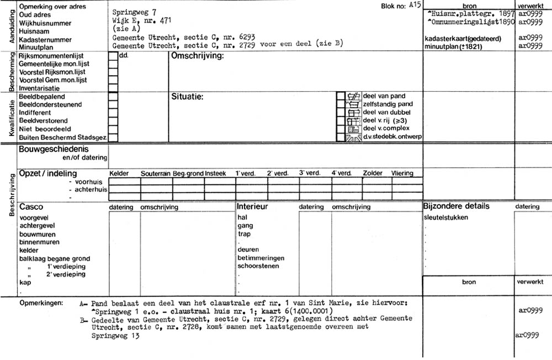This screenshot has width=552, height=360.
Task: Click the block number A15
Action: click(415, 4)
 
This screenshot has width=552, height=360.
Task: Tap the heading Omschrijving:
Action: click(197, 56)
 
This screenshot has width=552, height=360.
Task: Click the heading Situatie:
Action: click(188, 97)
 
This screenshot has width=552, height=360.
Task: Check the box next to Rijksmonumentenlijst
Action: click(113, 56)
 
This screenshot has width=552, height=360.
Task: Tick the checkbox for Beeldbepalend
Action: click(113, 96)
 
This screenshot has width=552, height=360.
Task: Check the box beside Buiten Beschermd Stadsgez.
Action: click(113, 137)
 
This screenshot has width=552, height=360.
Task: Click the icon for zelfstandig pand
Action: click(352, 104)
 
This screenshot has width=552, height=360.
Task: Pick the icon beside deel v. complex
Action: click(352, 129)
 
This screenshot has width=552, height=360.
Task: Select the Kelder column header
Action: click(119, 173)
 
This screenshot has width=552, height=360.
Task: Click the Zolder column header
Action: click(373, 173)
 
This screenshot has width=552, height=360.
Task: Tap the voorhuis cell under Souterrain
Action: click(156, 181)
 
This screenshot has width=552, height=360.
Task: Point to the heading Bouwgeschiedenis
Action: click(54, 149)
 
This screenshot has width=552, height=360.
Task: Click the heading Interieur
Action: click(252, 207)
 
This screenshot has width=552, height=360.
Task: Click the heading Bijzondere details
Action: click(456, 207)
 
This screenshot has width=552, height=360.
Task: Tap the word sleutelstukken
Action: click(445, 217)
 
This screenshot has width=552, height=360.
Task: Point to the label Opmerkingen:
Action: click(41, 303)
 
